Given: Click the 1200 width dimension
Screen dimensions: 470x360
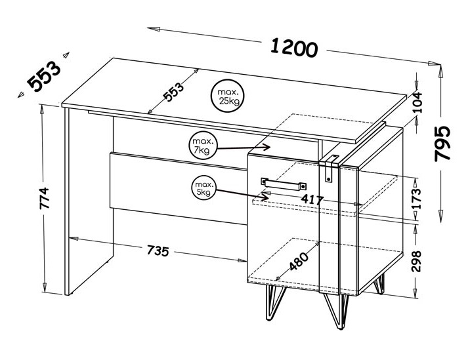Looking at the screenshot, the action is pos(294,47).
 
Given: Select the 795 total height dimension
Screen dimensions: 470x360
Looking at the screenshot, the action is pos(442,144).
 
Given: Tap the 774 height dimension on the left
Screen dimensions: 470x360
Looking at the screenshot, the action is pos(44,198).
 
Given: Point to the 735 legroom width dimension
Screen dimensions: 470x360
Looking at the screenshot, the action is pos(158,250).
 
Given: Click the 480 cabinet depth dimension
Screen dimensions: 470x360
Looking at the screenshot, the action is pos(299,261).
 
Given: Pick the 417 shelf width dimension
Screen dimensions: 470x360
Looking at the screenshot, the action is pos(312,199).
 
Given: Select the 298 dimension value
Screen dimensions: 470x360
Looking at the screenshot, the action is pos(416,261).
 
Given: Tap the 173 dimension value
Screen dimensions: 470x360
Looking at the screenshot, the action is pos(416,199).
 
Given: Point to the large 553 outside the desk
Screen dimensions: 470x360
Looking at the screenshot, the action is pos(44,76).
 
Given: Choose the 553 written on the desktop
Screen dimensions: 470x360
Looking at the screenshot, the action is pos(173,92).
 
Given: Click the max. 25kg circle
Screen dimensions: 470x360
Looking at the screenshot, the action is pos(227,96).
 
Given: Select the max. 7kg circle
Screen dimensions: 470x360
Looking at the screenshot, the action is pos(203,146).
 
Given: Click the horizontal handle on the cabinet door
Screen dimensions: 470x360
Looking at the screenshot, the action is pos(284,184).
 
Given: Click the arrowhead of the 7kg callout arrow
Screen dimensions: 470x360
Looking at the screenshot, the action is pos(267,147).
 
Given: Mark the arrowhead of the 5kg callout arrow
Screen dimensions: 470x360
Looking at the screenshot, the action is pos(265,197).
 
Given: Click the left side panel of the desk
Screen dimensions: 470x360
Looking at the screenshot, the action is pos(89,201).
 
